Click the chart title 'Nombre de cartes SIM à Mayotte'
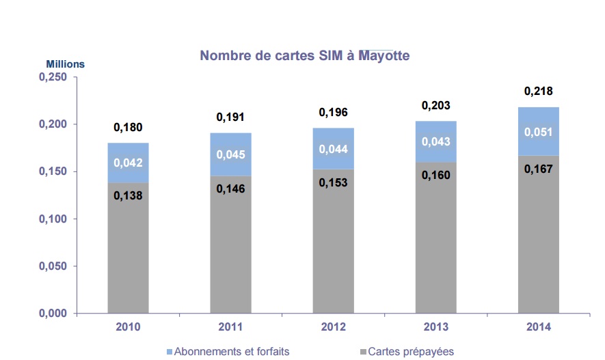pyautogui.click(x=304, y=55)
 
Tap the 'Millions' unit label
pyautogui.click(x=65, y=64)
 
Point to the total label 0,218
pyautogui.click(x=538, y=91)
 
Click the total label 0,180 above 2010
pyautogui.click(x=128, y=127)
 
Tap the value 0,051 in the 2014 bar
pyautogui.click(x=538, y=132)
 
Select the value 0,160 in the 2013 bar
pyautogui.click(x=435, y=175)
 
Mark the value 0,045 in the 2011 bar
pyautogui.click(x=230, y=155)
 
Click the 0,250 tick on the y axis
pyautogui.click(x=51, y=78)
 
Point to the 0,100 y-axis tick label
pyautogui.click(x=51, y=219)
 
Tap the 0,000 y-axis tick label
pyautogui.click(x=51, y=314)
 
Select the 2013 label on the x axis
pyautogui.click(x=435, y=327)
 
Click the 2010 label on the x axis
pyautogui.click(x=128, y=327)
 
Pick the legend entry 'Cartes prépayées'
pyautogui.click(x=410, y=352)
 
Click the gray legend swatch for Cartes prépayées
pyautogui.click(x=362, y=352)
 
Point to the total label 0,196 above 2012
pyautogui.click(x=333, y=112)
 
